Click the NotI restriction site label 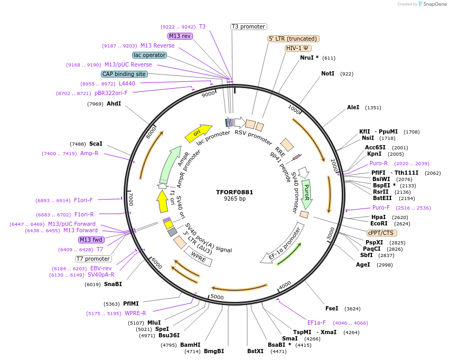[x=328, y=73]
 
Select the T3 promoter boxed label [x=249, y=26]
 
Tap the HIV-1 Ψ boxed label [x=297, y=48]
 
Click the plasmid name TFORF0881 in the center [x=235, y=192]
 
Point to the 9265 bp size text [x=235, y=199]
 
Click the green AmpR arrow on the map [x=170, y=164]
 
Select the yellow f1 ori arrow [x=162, y=201]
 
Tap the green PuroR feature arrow [x=306, y=194]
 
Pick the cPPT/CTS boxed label [x=382, y=233]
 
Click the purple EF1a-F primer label [x=316, y=323]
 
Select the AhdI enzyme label [x=114, y=103]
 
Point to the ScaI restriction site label [x=96, y=144]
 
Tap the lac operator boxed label [x=149, y=55]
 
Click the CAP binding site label [x=124, y=74]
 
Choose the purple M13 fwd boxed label [x=91, y=240]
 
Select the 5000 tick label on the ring [x=218, y=297]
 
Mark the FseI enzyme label [x=332, y=308]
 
